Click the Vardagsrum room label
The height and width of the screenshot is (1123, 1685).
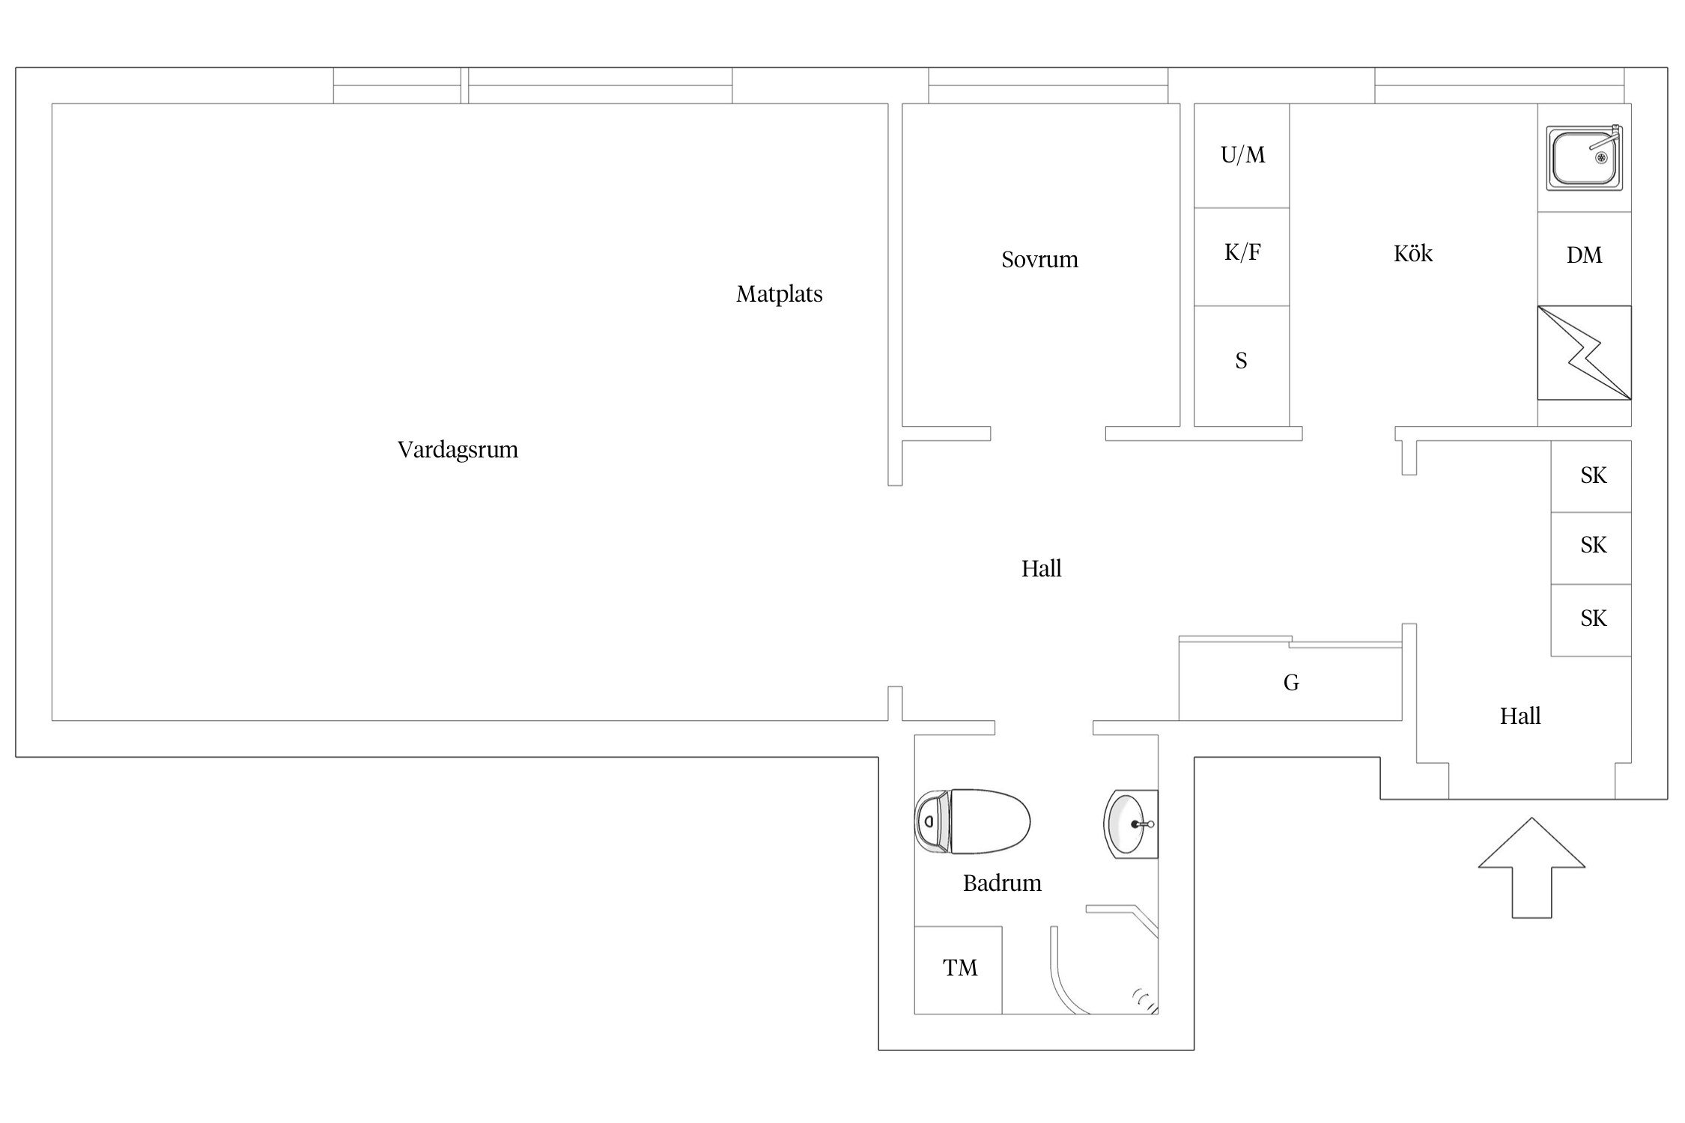[458, 449]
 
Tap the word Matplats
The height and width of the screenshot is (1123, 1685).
[779, 293]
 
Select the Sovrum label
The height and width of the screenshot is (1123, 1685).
[1039, 259]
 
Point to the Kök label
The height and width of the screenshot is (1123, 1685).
[1412, 253]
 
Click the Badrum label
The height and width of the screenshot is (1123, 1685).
[1002, 883]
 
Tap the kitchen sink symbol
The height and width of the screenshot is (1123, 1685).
[1585, 157]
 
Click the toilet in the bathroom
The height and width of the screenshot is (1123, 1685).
[972, 821]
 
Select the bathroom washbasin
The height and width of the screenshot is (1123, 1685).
[1131, 824]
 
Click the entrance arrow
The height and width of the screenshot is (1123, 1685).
[1531, 868]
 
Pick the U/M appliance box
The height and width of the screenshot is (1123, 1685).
[1242, 156]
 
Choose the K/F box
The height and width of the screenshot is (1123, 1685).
[1242, 257]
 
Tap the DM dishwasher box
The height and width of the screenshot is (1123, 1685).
[1584, 258]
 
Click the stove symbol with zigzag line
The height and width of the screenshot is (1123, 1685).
[1584, 353]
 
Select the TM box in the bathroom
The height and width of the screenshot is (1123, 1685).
[958, 970]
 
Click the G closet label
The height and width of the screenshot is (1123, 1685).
[1291, 682]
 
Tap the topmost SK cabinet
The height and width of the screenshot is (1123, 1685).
[1591, 476]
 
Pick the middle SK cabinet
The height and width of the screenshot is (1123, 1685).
[1591, 548]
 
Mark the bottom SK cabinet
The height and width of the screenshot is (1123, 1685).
[1591, 621]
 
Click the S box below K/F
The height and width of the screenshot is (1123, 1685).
[1242, 366]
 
